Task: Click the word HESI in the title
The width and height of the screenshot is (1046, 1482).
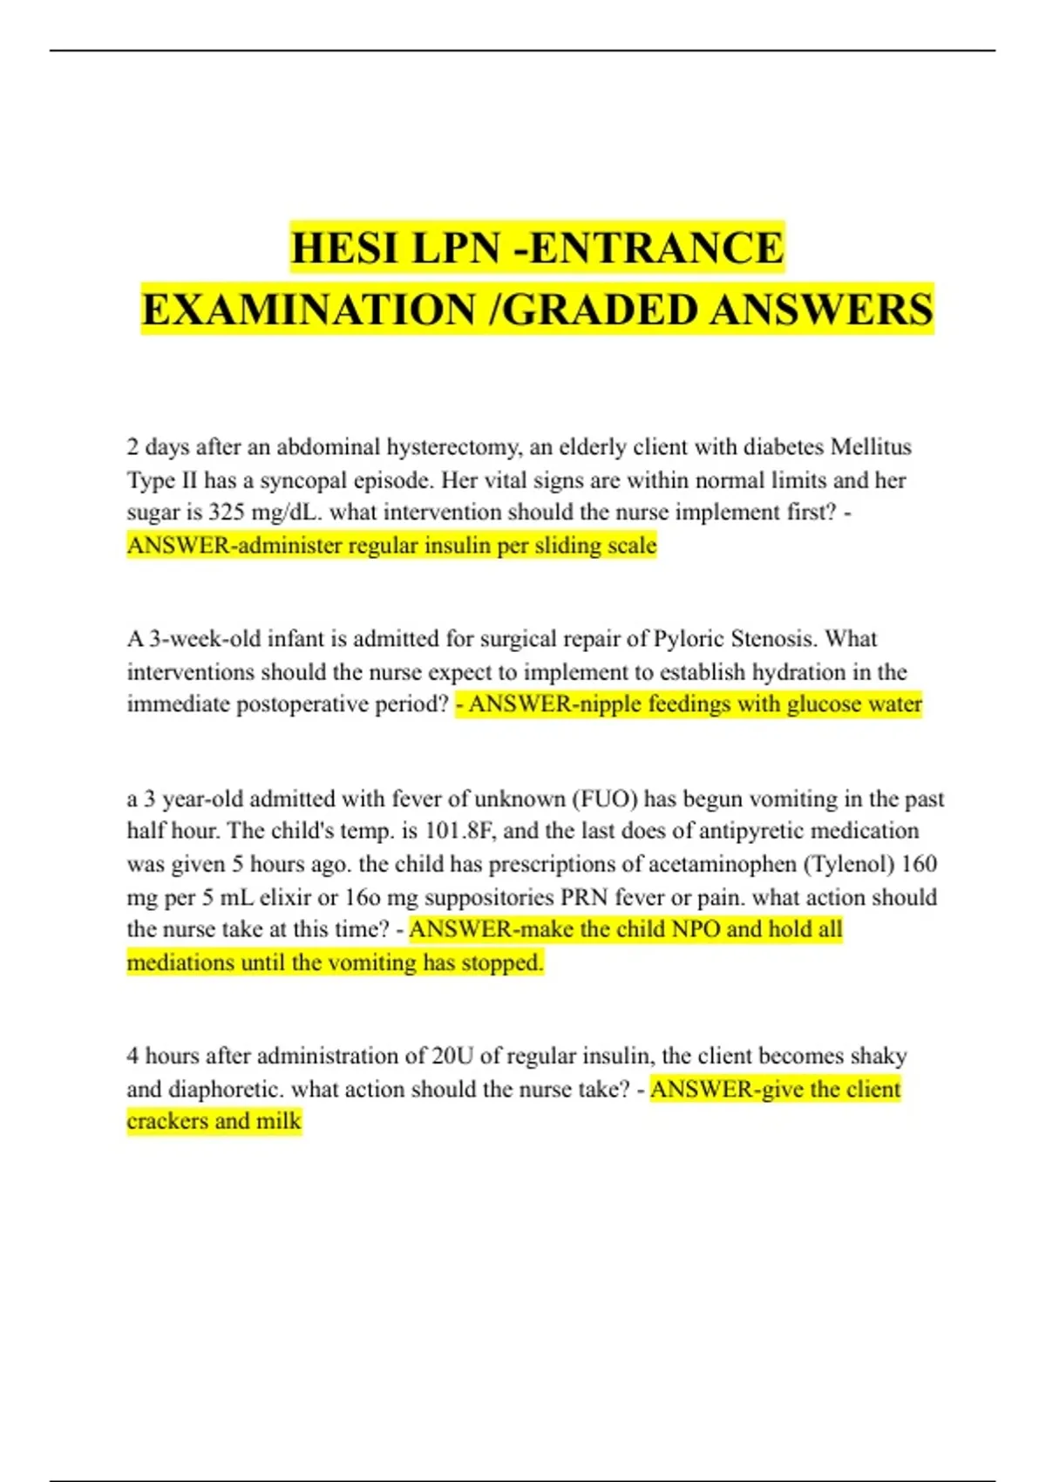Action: [345, 248]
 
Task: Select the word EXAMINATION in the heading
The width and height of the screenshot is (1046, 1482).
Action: [309, 309]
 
